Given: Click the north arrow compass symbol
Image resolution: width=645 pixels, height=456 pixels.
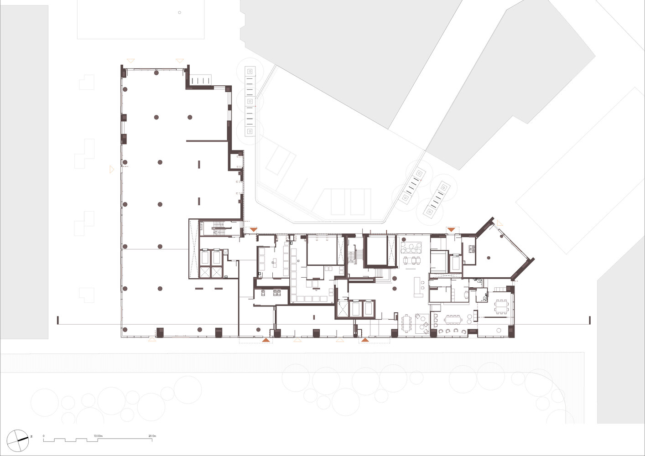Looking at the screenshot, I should (x=18, y=440).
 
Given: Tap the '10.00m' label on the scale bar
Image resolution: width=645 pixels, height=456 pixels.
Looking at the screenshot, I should (x=98, y=436).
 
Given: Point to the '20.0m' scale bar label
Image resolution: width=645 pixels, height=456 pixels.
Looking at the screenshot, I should (x=152, y=436).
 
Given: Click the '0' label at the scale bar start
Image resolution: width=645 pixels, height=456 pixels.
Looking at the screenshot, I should (x=44, y=436).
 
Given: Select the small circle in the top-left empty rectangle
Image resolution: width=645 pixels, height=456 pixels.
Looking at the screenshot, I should (x=179, y=13).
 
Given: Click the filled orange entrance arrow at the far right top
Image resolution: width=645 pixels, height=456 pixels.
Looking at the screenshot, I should (x=452, y=229).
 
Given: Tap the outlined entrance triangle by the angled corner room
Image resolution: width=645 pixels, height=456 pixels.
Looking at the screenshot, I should (x=500, y=223).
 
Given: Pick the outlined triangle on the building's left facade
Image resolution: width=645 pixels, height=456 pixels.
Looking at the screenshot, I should (x=112, y=169).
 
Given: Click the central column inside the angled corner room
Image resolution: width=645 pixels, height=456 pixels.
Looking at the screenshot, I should (x=489, y=258).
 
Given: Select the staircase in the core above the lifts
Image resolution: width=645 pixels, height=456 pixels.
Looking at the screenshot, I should (x=220, y=230).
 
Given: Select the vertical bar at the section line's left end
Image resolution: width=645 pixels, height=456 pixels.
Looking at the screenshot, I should (x=58, y=320).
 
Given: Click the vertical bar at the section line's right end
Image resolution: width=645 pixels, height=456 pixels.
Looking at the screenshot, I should (x=590, y=320).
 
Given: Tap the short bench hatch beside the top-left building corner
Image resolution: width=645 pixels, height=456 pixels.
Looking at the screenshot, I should (x=201, y=80).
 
